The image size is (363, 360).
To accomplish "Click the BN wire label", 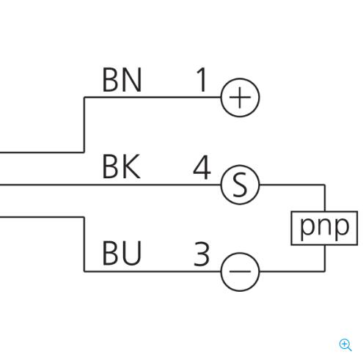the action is coord(122,80).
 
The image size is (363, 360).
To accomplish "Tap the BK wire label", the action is coord(122,166).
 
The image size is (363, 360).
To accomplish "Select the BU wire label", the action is coord(122,253).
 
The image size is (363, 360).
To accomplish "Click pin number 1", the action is coord(202,80).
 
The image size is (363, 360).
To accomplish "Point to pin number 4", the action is coord(202,167).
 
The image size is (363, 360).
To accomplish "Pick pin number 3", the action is coord(202,254).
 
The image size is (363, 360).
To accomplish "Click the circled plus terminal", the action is coord(240,98).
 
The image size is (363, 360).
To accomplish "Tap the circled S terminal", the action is coord(240,185).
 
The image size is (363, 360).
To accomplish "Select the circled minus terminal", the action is coord(240,271).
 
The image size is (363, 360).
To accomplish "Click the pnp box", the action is coord(324,228).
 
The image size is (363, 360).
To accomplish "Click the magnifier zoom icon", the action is coord(345,345).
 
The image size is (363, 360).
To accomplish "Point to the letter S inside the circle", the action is coord(240,185).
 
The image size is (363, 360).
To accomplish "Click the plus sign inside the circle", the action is coord(240,98).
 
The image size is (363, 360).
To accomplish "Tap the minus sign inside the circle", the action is coord(240,271).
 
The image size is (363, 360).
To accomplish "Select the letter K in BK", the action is coord(131,166).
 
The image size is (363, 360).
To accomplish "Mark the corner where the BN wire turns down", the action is coord(84,98).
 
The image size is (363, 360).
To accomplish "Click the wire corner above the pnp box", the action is coord(325,185).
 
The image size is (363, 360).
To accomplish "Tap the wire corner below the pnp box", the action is coord(325,271).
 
